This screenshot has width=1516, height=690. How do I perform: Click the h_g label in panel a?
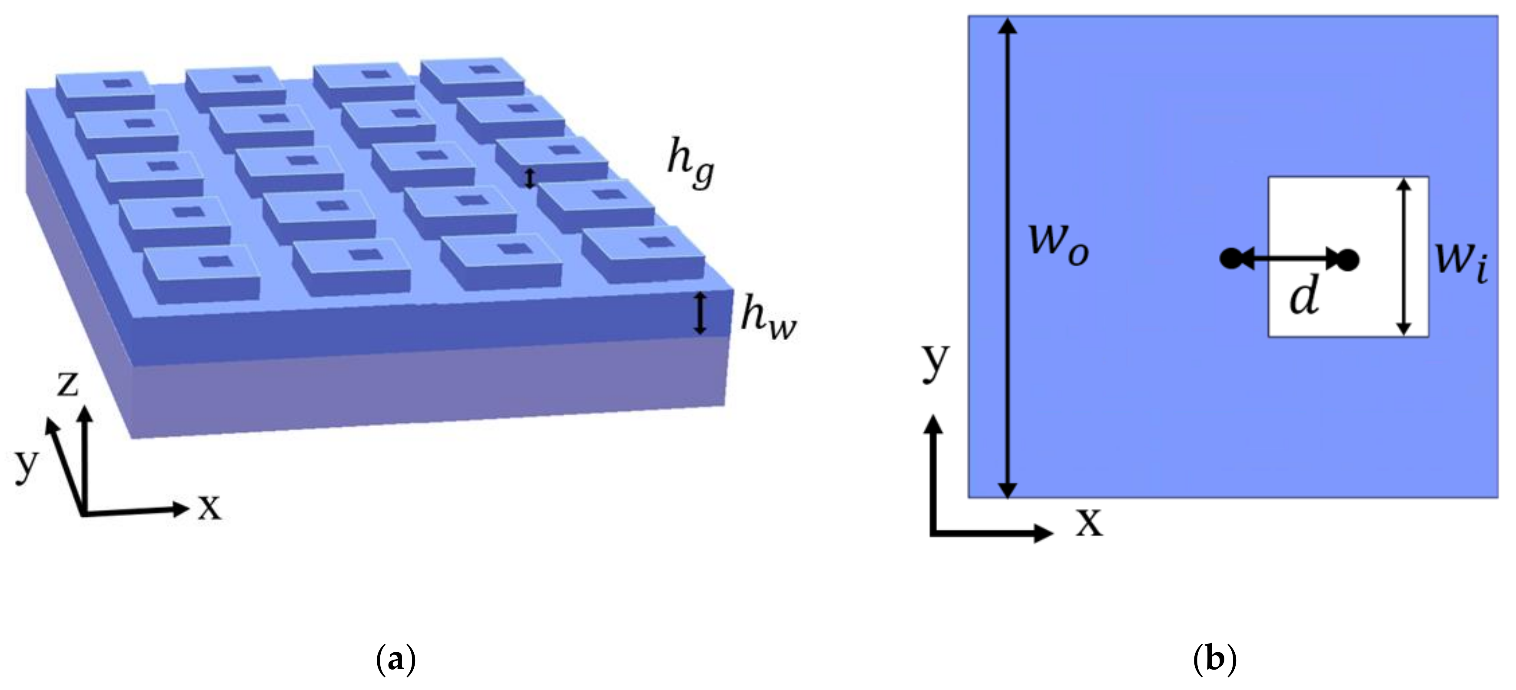click(x=690, y=165)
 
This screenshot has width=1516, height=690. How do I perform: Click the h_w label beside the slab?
click(x=768, y=318)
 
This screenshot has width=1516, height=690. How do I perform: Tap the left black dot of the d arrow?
click(x=1230, y=259)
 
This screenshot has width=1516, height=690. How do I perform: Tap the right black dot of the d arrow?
click(x=1348, y=259)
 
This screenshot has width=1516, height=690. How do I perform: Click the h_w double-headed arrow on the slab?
click(x=700, y=314)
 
